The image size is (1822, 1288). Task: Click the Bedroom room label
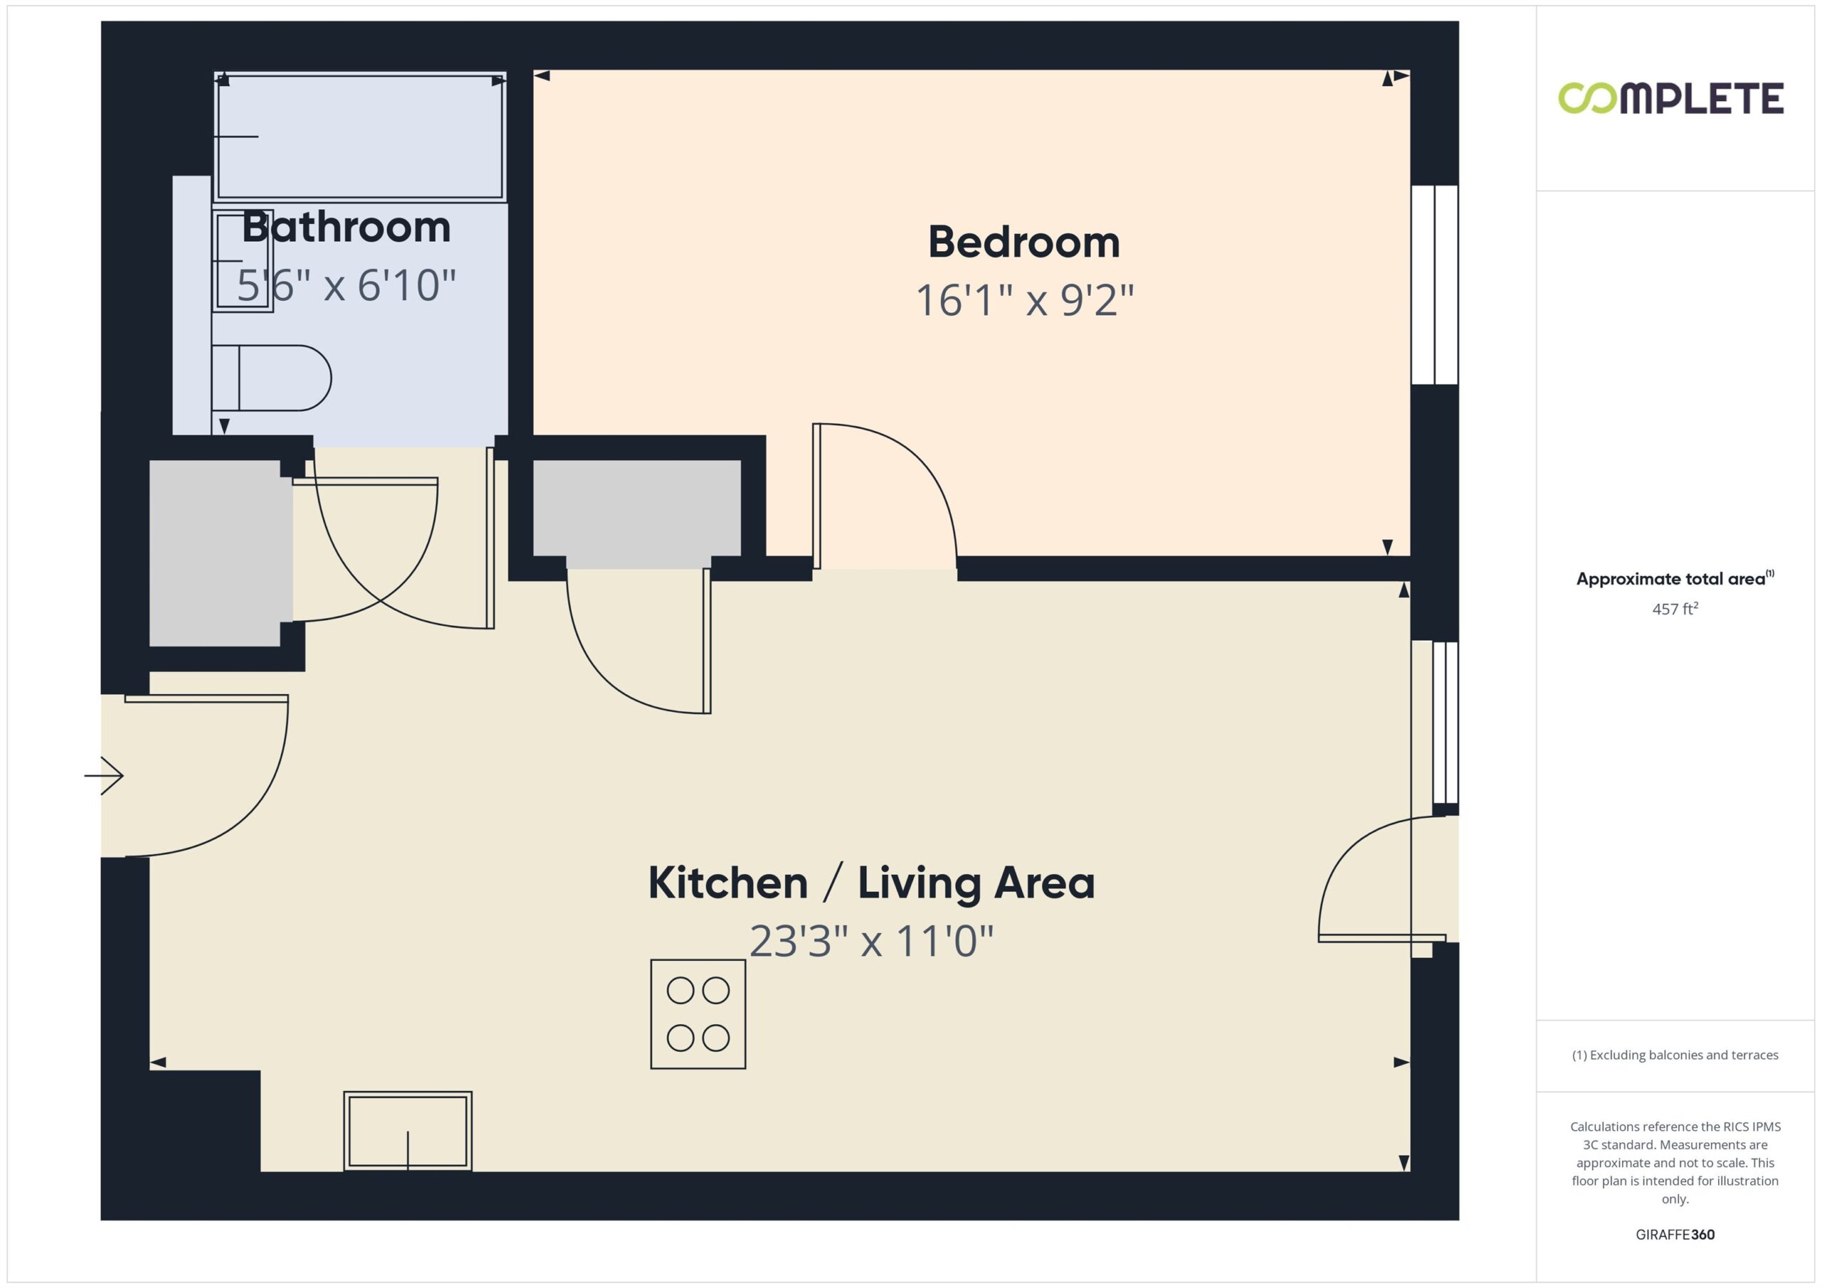point(1023,242)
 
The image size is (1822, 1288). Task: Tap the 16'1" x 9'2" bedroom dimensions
point(1024,301)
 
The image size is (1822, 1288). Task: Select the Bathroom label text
point(346,227)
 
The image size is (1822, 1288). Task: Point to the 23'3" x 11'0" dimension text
point(871,942)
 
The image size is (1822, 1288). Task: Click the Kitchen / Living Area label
point(871,883)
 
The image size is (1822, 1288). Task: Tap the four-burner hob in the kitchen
point(697,1013)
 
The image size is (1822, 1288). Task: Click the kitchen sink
point(408,1131)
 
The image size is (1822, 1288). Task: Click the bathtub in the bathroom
point(360,137)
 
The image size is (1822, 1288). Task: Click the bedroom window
point(1435,284)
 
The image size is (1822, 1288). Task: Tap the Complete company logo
point(1671,98)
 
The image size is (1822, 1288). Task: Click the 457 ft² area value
point(1675,608)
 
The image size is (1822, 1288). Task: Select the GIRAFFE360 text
point(1675,1234)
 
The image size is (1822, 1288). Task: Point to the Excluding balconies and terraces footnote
point(1675,1055)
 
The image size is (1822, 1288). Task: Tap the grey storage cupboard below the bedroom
point(637,511)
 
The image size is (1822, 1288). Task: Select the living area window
point(1446,723)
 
